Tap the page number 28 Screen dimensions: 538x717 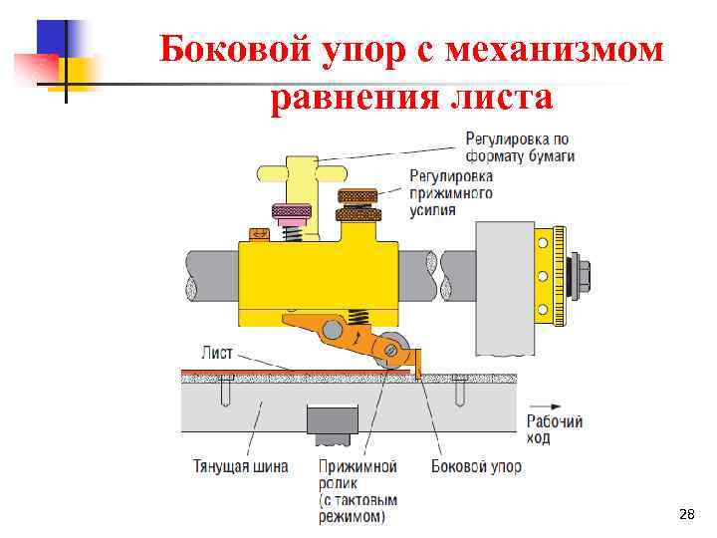click(x=685, y=514)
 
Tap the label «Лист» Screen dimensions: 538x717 click(x=217, y=352)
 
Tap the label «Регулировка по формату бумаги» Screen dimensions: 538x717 click(x=519, y=147)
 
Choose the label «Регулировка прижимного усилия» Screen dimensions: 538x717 click(x=451, y=192)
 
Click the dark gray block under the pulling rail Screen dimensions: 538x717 click(x=334, y=422)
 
